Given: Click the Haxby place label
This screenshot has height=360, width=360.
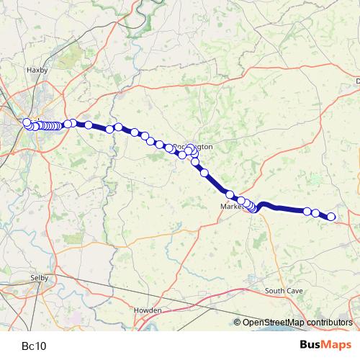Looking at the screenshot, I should pos(35,71).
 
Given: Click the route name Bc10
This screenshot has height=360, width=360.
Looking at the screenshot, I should pos(34,346).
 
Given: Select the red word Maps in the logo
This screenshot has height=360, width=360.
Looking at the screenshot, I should pos(336,345).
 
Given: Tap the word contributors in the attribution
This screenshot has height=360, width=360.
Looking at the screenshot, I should pos(329,323).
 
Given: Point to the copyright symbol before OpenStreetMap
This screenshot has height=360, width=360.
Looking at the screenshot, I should pos(238,323).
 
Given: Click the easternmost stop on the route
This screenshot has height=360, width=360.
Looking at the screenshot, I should pos(332,217).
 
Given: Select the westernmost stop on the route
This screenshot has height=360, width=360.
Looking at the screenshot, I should pos(27,122).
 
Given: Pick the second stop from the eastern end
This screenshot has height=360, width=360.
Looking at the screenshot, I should pos(315,213).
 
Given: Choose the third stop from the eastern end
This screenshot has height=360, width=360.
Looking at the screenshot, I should pos(307,211).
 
